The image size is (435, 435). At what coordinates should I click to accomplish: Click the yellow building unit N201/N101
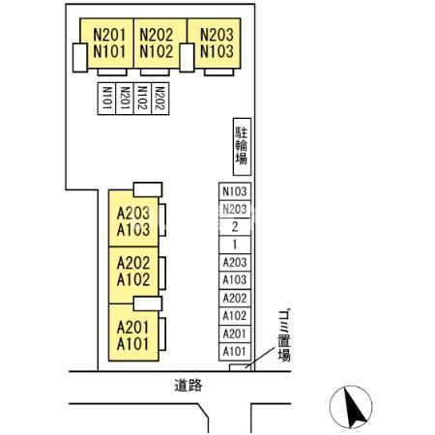click(106, 43)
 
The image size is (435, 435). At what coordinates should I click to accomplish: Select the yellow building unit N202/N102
click(160, 43)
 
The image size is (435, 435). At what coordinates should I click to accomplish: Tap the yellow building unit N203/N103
click(214, 43)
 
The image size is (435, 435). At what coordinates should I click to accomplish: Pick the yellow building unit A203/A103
click(133, 218)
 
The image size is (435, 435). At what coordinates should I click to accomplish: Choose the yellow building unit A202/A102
click(133, 275)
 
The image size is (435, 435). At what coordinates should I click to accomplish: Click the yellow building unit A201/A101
click(133, 333)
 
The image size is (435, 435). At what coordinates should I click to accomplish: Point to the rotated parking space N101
click(106, 99)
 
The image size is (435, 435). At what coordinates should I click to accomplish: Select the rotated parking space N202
click(160, 99)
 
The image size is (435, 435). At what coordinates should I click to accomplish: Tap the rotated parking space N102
click(142, 99)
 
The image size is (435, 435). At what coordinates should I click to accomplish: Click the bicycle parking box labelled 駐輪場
click(242, 147)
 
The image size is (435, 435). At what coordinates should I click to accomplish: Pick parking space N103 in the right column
click(235, 191)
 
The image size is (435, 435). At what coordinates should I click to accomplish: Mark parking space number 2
click(235, 227)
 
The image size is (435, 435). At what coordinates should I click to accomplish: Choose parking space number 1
click(235, 245)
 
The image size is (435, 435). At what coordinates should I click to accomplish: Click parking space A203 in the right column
click(235, 263)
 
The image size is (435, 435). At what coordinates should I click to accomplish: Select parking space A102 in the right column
click(235, 316)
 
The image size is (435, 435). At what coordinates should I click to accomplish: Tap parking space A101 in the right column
click(235, 352)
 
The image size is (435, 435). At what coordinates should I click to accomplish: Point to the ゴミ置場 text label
click(284, 335)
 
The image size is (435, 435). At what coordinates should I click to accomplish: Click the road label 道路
click(188, 386)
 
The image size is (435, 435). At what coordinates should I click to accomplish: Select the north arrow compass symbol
click(351, 407)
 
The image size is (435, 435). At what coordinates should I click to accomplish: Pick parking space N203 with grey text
click(235, 209)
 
